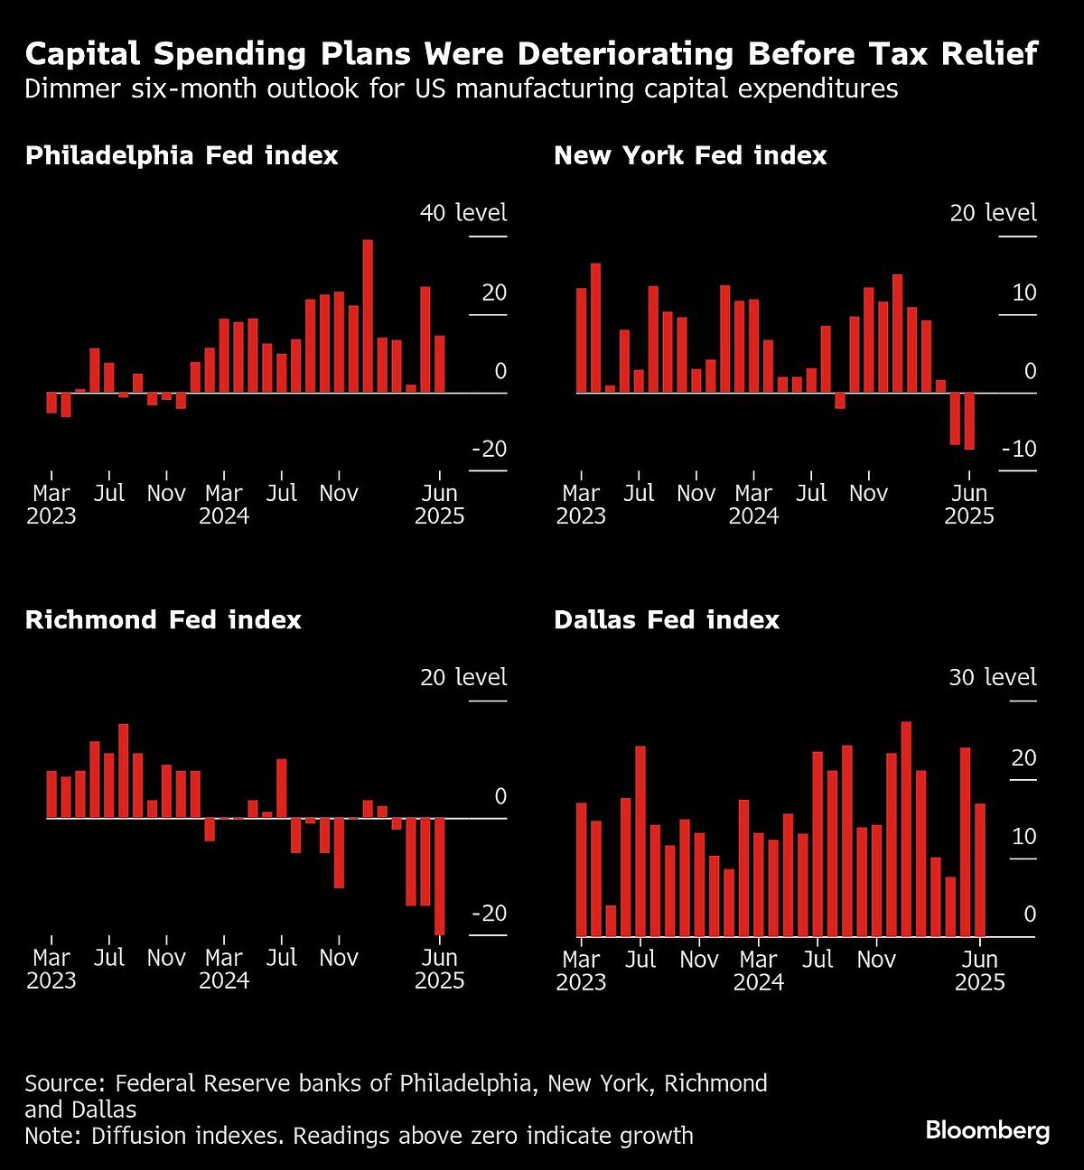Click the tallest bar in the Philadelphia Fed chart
368,316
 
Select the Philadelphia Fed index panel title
182,155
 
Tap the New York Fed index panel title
690,155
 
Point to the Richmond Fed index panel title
164,619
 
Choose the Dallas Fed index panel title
667,619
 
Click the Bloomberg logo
987,1130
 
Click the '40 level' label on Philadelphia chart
463,213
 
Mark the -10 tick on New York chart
1018,450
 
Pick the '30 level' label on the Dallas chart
992,677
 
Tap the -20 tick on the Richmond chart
489,914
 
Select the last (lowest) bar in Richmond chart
440,876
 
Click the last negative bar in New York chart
969,421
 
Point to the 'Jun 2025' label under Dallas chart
980,970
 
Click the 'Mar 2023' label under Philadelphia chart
51,505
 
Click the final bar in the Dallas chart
980,869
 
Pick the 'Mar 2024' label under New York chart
753,505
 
